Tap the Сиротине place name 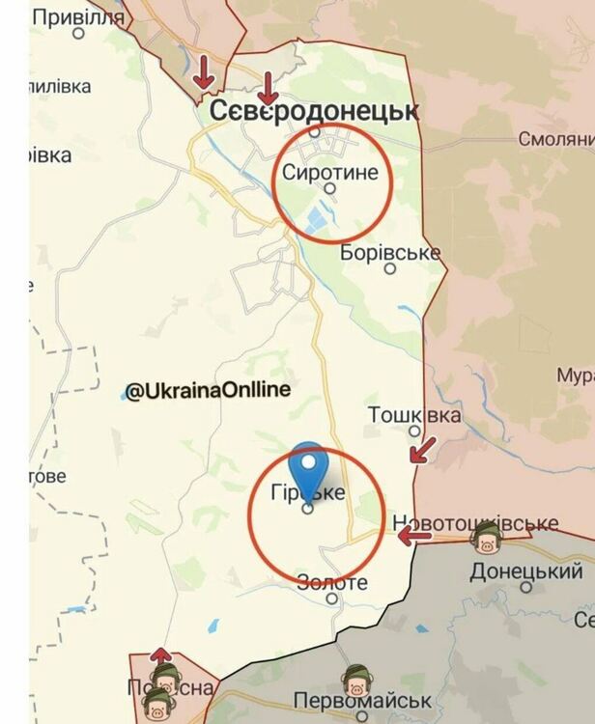coord(331,172)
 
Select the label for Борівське coord(391,254)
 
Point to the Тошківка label coord(414,415)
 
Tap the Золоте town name coord(332,583)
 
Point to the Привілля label coord(78,17)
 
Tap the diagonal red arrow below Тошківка coord(422,449)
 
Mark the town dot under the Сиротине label coord(329,189)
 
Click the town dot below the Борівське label coord(390,269)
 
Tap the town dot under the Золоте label coord(331,599)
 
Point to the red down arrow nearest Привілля coord(205,70)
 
